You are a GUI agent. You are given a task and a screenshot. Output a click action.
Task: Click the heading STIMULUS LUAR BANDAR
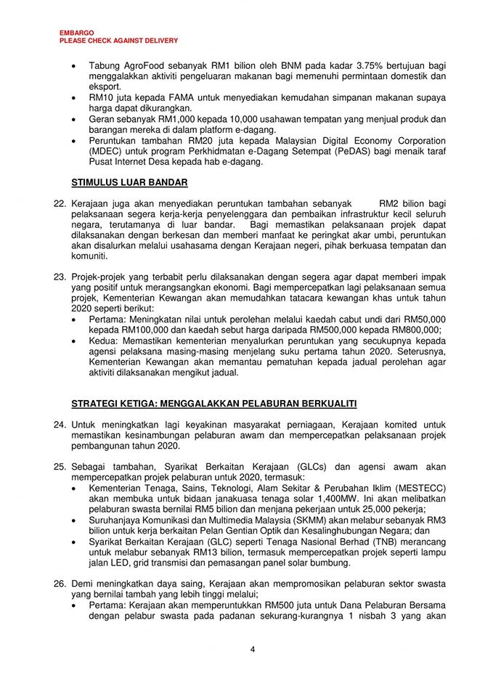(129, 182)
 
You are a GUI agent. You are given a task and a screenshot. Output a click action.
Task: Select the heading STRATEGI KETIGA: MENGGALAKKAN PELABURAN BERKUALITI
(213, 403)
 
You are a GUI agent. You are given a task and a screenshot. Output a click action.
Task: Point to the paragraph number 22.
(60, 205)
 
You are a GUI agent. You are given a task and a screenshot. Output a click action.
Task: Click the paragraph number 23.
(60, 277)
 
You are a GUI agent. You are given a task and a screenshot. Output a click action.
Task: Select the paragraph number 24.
(60, 424)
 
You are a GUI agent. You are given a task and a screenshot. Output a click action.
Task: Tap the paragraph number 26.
(60, 584)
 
